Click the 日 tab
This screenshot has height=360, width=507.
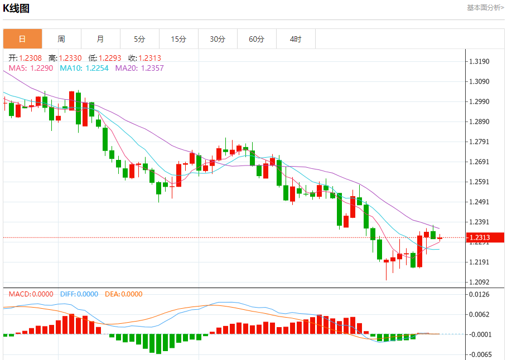pos(22,39)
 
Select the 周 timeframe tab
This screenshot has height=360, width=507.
pos(61,39)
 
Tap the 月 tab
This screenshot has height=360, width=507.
pos(100,39)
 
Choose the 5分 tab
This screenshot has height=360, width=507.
pos(139,39)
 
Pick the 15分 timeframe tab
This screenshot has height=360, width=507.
pos(178,39)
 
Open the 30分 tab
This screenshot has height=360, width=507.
pos(218,39)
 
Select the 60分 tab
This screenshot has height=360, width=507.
pos(257,39)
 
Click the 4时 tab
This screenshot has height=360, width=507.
pos(296,39)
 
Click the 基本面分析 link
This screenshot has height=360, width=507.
pos(485,8)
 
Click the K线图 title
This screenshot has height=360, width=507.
pos(16,8)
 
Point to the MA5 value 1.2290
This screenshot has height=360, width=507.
pos(42,68)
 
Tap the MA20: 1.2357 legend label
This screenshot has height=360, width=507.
pos(139,68)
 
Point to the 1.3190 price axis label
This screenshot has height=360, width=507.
pos(480,61)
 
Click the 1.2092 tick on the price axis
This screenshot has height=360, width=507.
pos(480,282)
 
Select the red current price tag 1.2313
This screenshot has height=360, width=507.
pos(485,238)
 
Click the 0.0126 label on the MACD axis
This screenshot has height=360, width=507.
pos(480,294)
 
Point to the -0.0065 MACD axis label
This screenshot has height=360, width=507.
pos(480,354)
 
